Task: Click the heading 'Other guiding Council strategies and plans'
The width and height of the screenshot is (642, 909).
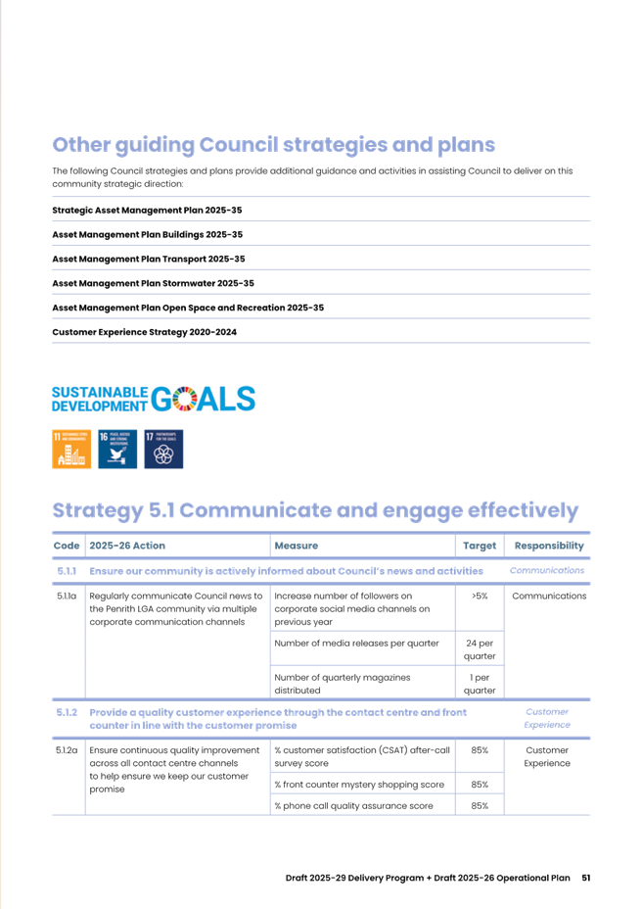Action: (x=273, y=146)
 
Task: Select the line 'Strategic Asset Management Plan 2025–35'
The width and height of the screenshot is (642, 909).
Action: (x=147, y=210)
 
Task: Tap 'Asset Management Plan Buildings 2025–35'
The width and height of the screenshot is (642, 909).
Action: (x=147, y=234)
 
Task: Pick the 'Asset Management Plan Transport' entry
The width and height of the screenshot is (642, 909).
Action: (x=148, y=259)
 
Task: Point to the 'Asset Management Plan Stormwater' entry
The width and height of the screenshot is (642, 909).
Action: (x=153, y=283)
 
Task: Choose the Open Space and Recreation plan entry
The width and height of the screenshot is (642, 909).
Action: (x=187, y=308)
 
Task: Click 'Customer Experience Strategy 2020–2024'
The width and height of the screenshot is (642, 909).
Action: (x=144, y=332)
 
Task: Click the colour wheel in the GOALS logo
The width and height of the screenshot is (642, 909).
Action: (x=189, y=399)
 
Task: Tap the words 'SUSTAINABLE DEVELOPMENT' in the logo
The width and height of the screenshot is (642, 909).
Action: (x=99, y=399)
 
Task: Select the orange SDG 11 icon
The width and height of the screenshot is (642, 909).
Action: (x=71, y=449)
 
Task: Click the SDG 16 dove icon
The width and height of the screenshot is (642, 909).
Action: (x=117, y=449)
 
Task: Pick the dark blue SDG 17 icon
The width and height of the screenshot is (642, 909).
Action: (x=162, y=449)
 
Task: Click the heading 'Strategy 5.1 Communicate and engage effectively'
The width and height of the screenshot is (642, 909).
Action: (x=315, y=511)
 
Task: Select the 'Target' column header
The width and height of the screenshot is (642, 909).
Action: (x=479, y=546)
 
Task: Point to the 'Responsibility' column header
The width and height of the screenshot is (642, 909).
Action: (x=549, y=546)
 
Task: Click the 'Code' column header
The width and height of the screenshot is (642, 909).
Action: (x=67, y=546)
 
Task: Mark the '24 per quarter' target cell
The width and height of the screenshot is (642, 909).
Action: (x=479, y=647)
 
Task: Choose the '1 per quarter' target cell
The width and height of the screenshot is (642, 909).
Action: (x=479, y=683)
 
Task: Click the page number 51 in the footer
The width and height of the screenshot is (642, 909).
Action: (x=585, y=877)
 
